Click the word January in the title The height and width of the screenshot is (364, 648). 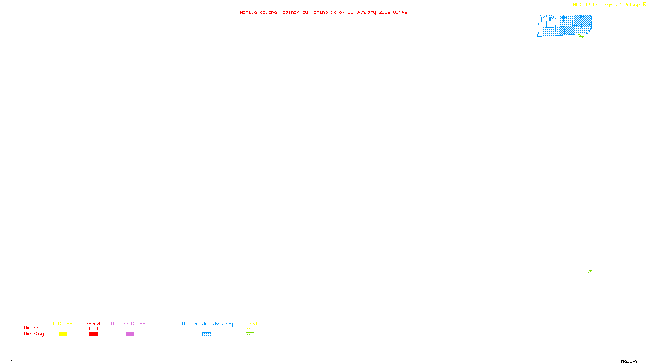tap(366, 12)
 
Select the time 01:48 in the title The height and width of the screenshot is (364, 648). tap(400, 12)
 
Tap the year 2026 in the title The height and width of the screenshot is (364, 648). tap(384, 12)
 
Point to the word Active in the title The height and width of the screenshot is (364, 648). tap(248, 12)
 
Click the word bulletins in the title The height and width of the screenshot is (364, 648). tap(315, 12)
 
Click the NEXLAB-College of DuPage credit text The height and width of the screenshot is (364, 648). tap(607, 5)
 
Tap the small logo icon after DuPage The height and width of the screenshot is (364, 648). tap(644, 4)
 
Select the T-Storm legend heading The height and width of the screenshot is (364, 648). tap(62, 324)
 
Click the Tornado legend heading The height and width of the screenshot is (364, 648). tap(93, 324)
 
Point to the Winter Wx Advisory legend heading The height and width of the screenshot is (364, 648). tap(207, 324)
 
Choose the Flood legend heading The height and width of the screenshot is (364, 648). tap(250, 324)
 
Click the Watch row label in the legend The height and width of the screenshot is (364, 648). tap(31, 328)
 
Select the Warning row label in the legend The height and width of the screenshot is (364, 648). tap(34, 334)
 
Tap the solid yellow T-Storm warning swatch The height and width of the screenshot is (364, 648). tap(63, 334)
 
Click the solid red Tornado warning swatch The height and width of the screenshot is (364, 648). tap(93, 334)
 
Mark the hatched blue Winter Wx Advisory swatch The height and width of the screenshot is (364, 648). tap(207, 334)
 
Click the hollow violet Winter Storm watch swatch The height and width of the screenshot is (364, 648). tap(130, 329)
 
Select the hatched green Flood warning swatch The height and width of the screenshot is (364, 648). tap(250, 334)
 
